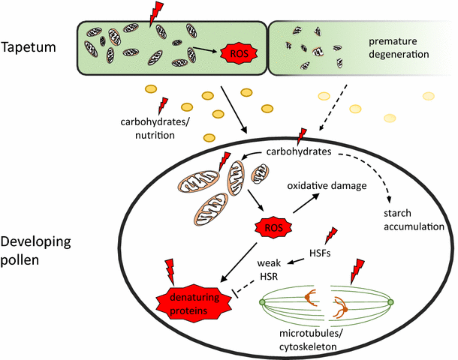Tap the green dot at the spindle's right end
390,303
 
